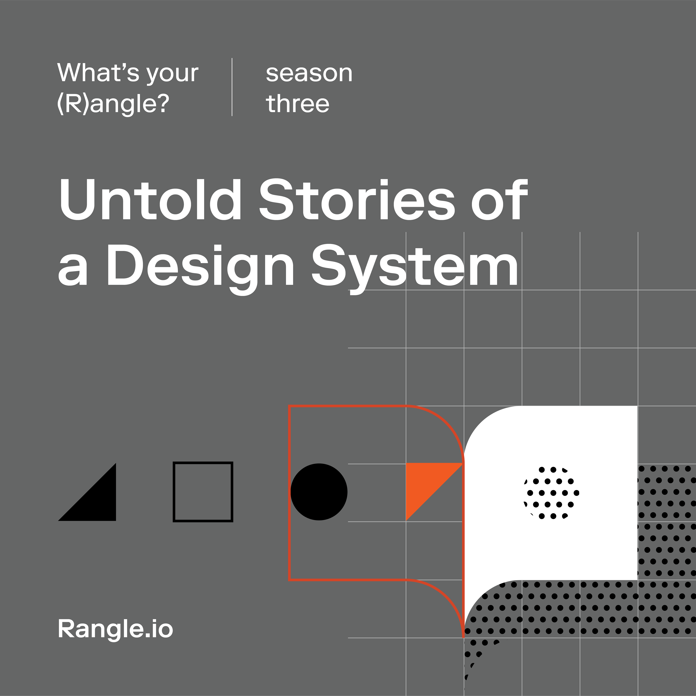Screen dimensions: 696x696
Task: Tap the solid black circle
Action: click(x=319, y=492)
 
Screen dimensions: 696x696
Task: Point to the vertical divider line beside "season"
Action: click(x=232, y=87)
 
